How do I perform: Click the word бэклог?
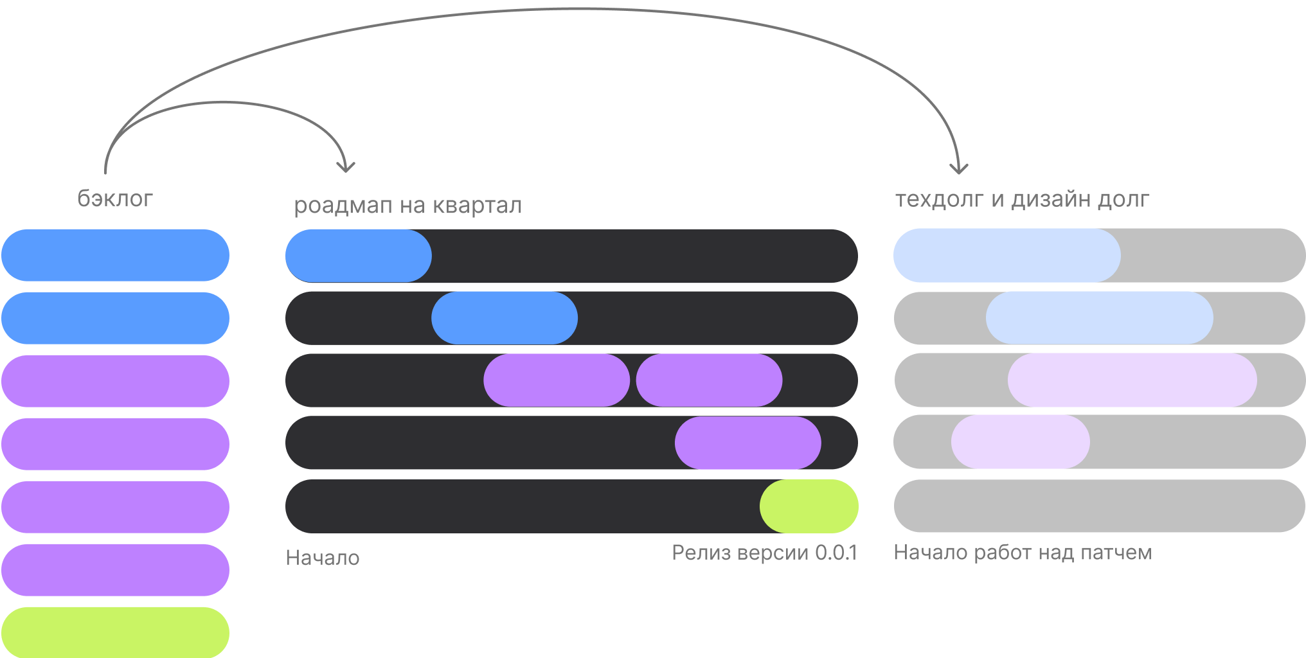click(115, 199)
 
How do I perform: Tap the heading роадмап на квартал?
click(407, 206)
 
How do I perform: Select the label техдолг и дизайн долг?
click(1022, 199)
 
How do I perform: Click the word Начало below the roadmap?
click(322, 557)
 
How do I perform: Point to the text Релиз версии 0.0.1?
click(764, 552)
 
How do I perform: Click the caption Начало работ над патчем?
click(1022, 552)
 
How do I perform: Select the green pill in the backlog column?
click(115, 632)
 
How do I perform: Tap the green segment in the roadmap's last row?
click(809, 506)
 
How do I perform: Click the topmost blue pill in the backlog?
click(115, 255)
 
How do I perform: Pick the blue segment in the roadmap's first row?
click(358, 256)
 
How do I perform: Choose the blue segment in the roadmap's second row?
click(505, 317)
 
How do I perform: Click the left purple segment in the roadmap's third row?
click(557, 380)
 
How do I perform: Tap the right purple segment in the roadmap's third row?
click(709, 380)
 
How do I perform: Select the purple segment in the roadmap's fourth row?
click(747, 443)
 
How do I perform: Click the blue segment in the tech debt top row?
click(1006, 255)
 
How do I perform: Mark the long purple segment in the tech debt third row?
click(1132, 380)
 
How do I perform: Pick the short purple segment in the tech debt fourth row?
click(1020, 441)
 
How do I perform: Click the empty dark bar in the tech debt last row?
click(1099, 506)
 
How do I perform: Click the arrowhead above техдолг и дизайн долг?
click(959, 169)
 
